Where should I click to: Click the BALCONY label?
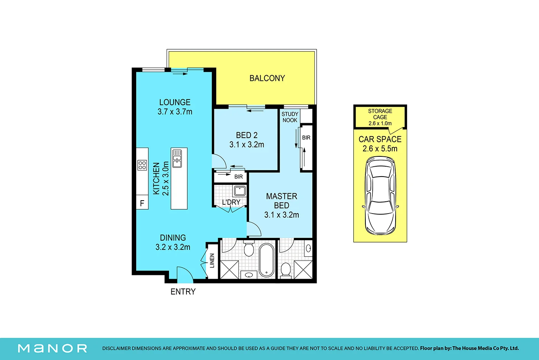pyautogui.click(x=267, y=78)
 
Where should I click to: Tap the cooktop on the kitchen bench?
pyautogui.click(x=142, y=165)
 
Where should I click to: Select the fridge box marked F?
pyautogui.click(x=142, y=202)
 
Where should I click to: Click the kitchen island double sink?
pyautogui.click(x=177, y=159)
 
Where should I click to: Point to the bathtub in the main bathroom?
pyautogui.click(x=266, y=260)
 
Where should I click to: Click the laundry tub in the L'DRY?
pyautogui.click(x=240, y=191)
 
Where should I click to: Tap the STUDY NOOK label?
pyautogui.click(x=290, y=117)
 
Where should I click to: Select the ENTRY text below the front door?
pyautogui.click(x=183, y=292)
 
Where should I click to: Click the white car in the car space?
pyautogui.click(x=380, y=196)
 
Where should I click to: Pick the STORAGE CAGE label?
pyautogui.click(x=380, y=114)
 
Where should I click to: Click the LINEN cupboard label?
pyautogui.click(x=212, y=260)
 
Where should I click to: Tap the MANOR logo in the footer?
pyautogui.click(x=53, y=349)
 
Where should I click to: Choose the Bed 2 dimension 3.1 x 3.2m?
pyautogui.click(x=247, y=145)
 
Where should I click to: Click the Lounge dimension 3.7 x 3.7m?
pyautogui.click(x=175, y=112)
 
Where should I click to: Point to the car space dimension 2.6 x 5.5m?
pyautogui.click(x=380, y=149)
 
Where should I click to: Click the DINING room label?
pyautogui.click(x=173, y=238)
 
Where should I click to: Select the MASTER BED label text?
pyautogui.click(x=282, y=201)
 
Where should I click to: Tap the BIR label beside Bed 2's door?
pyautogui.click(x=238, y=177)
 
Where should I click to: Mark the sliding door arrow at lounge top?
pyautogui.click(x=180, y=74)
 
